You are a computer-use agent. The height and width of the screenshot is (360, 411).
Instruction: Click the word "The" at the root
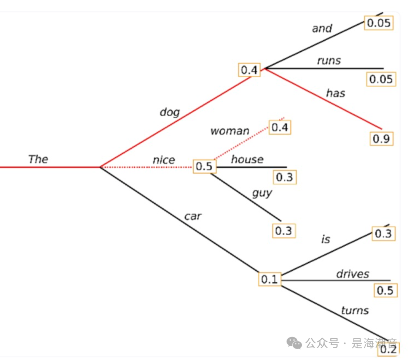click(38, 159)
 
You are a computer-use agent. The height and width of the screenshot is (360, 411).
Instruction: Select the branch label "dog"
click(169, 112)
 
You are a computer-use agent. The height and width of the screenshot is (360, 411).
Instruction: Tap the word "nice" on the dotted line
click(164, 160)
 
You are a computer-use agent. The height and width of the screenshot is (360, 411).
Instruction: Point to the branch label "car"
click(193, 216)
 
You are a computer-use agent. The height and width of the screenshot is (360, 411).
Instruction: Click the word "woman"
click(230, 131)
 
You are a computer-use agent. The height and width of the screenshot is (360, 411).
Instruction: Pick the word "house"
click(247, 159)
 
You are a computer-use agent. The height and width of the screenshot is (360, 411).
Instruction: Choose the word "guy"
click(262, 193)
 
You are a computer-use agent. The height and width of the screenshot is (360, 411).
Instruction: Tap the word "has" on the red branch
click(335, 93)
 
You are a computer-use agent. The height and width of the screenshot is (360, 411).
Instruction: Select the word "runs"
click(329, 60)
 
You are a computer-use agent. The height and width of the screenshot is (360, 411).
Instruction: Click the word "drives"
click(352, 274)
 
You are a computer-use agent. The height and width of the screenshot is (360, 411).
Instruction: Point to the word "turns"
click(355, 310)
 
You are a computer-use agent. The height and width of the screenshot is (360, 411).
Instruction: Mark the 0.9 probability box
click(381, 139)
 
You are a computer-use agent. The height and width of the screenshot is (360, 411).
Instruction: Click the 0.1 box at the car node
click(269, 279)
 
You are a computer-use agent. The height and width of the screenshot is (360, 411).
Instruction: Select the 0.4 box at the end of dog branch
click(250, 70)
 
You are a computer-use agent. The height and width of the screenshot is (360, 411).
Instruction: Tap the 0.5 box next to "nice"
click(205, 167)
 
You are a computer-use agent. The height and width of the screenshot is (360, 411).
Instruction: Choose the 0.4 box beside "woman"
click(280, 127)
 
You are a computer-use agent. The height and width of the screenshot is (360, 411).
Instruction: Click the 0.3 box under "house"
click(285, 177)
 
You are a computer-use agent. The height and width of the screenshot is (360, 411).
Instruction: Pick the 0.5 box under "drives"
click(385, 290)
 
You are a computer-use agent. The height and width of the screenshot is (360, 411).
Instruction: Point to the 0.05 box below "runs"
click(381, 79)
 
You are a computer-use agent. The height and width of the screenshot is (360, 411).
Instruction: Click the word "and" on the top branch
click(322, 28)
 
